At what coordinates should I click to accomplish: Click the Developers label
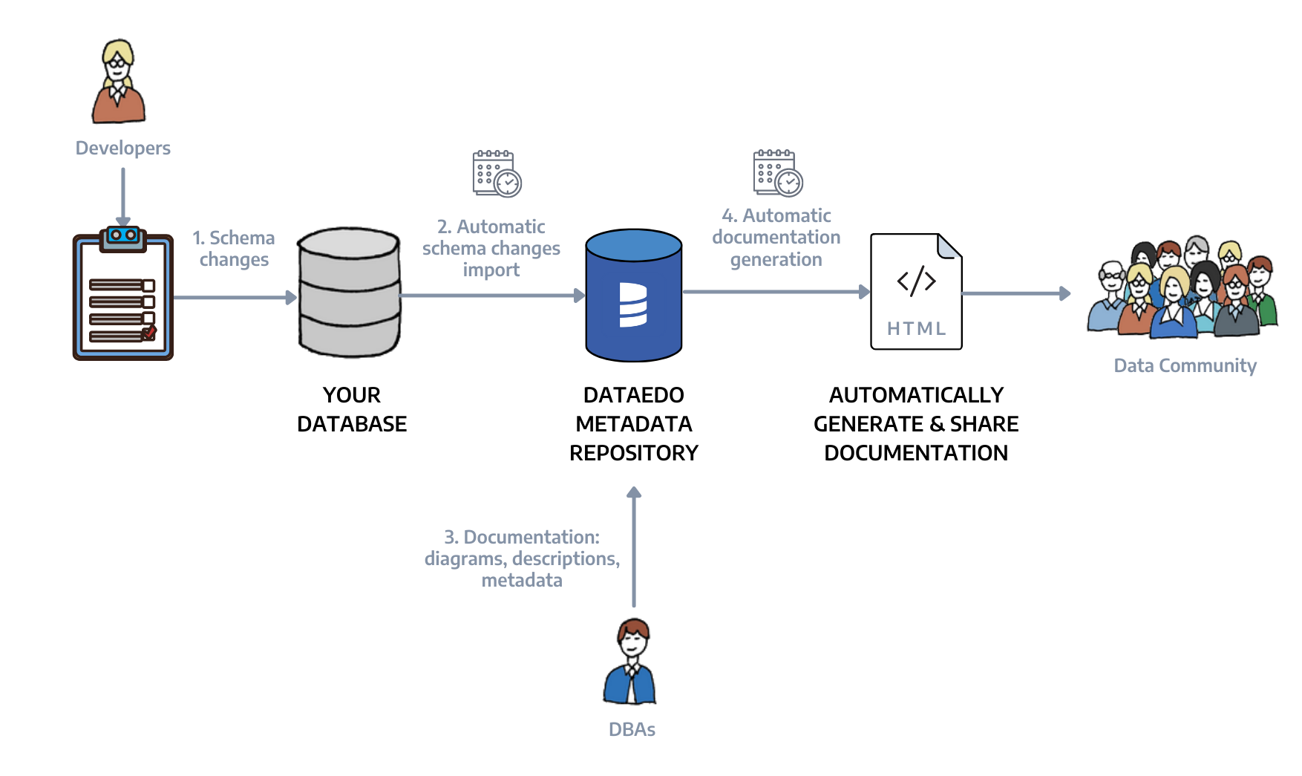click(x=123, y=149)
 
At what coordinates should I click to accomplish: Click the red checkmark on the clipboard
click(x=149, y=332)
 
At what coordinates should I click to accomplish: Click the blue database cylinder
click(x=633, y=296)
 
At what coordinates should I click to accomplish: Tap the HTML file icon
click(x=916, y=291)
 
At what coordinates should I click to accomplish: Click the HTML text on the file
click(x=916, y=328)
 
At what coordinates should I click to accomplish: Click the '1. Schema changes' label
click(x=234, y=249)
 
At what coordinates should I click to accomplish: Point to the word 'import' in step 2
click(x=491, y=270)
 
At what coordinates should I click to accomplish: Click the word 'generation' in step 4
click(x=776, y=259)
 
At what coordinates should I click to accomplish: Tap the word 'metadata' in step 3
click(x=522, y=580)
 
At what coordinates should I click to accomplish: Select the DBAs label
click(x=632, y=729)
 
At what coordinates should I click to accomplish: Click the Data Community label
click(x=1185, y=365)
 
